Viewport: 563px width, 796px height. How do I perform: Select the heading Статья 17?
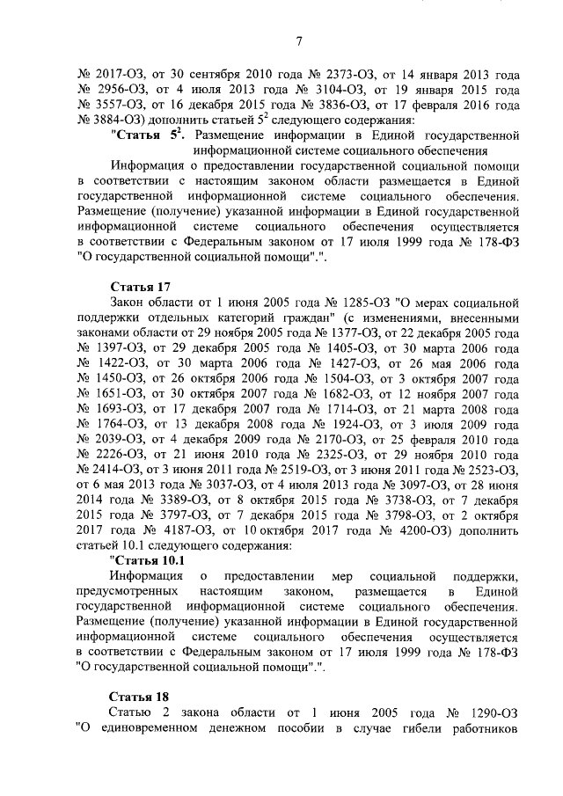click(140, 287)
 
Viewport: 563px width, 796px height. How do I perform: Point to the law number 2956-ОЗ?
click(118, 90)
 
